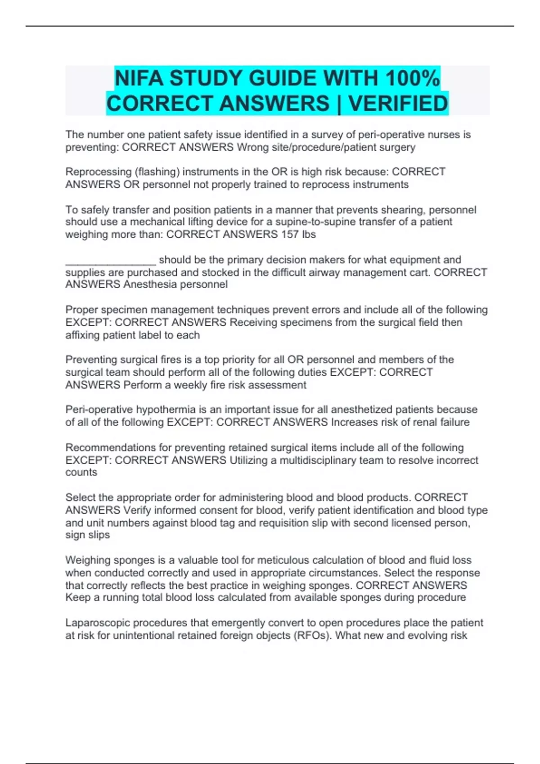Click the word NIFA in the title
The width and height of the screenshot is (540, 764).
(x=139, y=79)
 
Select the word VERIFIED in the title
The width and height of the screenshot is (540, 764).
(x=398, y=104)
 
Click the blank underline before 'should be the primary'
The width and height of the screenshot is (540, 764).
(x=111, y=261)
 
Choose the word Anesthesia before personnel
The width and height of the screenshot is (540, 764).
(x=150, y=284)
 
